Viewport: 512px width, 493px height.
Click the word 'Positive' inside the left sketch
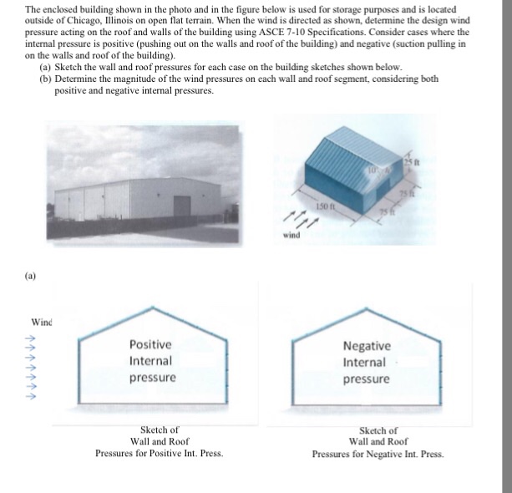coord(150,344)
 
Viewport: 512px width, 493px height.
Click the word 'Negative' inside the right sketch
coord(366,345)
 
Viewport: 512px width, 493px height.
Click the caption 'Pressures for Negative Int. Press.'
coord(378,455)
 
